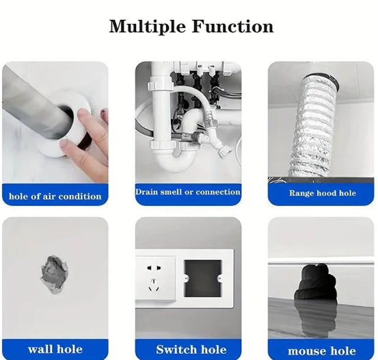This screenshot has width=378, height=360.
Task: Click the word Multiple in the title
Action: coord(147,26)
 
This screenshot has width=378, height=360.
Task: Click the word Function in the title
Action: coord(233,26)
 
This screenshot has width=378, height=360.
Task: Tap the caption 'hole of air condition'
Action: coord(55,196)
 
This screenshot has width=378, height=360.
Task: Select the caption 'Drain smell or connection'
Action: coord(188,192)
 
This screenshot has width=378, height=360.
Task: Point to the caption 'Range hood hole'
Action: coord(323,193)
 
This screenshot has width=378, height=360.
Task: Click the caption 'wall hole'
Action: coord(55,349)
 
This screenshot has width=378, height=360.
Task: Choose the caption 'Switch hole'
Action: coord(191,349)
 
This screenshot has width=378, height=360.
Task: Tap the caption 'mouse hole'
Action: coord(322,351)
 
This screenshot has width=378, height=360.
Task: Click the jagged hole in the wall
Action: coord(54,274)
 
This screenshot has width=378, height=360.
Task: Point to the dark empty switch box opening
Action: coord(202,279)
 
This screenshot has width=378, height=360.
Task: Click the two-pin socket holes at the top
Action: coord(154,268)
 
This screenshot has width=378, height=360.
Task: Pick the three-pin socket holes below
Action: coord(154,285)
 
